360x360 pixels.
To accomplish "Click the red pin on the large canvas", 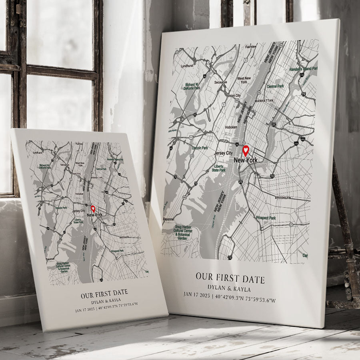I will [x=246, y=151].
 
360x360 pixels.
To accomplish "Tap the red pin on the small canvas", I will [x=93, y=208].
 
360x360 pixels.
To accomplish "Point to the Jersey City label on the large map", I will [x=223, y=153].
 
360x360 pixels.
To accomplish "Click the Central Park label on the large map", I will [x=275, y=86].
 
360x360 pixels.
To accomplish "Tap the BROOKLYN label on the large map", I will [x=283, y=198].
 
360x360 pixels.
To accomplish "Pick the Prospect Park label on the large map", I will [x=266, y=218].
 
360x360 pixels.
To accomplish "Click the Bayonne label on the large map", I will [x=168, y=219].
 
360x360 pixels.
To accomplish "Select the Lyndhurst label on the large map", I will [x=187, y=66].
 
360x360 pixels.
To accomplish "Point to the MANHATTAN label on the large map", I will [x=264, y=100].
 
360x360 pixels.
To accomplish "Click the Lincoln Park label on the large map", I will [x=200, y=148].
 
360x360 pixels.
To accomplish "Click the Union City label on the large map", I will [x=234, y=96].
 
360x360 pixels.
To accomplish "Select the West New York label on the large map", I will [x=244, y=80].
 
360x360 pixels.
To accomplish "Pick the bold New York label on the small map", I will [x=94, y=215].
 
